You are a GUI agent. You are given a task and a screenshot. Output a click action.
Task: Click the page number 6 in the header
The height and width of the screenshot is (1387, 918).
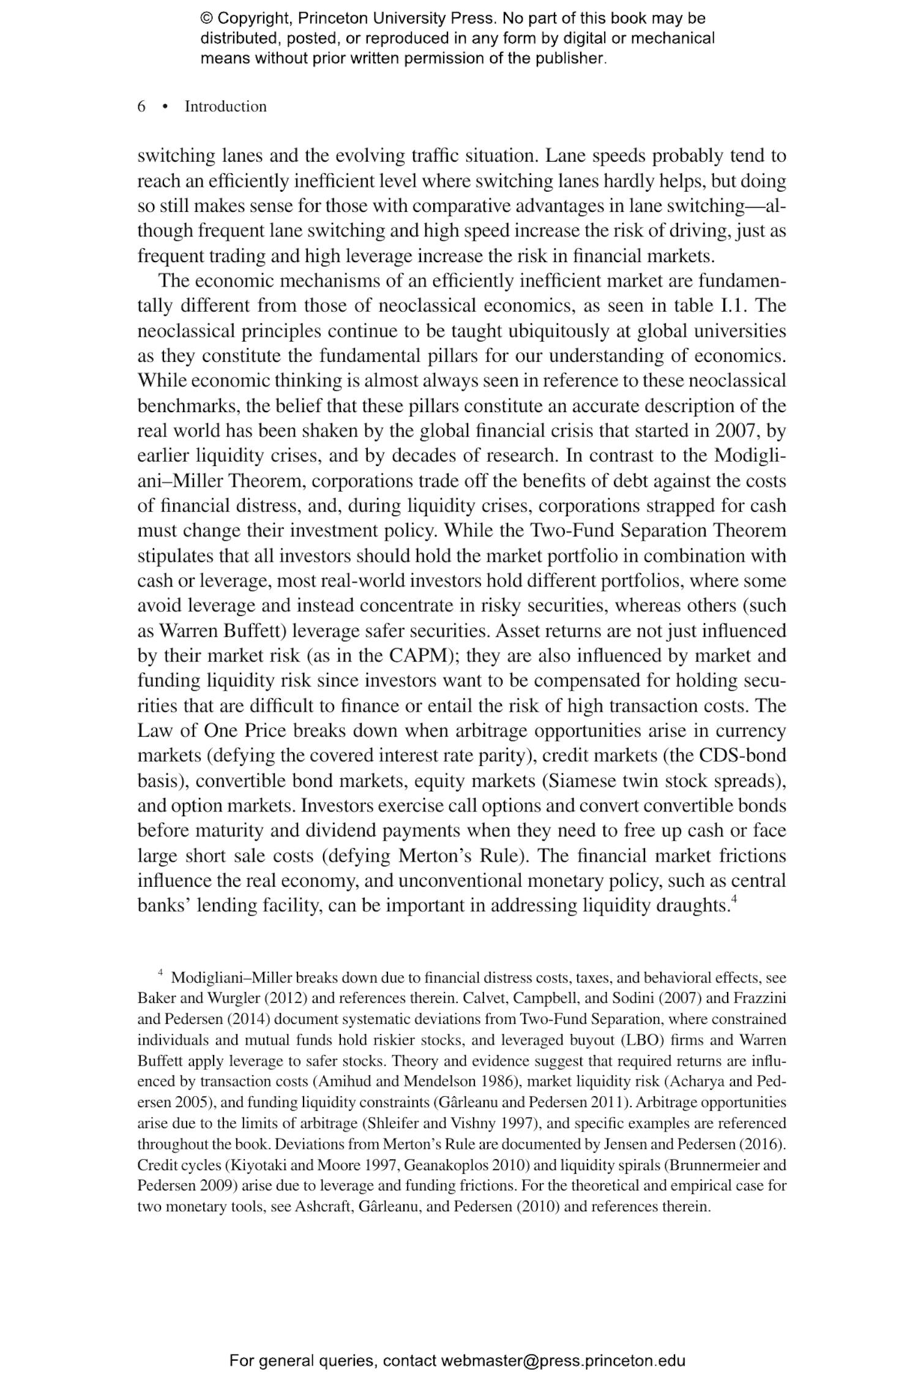[x=141, y=107]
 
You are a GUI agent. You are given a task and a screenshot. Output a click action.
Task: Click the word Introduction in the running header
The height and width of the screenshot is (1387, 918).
[x=225, y=107]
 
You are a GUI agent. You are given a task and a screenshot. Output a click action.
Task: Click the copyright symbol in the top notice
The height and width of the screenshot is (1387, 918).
[x=206, y=18]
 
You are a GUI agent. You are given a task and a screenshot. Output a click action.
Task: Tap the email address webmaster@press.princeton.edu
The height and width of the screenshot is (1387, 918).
[x=562, y=1361]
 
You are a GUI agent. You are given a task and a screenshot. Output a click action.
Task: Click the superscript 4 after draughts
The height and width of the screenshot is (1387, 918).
[x=734, y=900]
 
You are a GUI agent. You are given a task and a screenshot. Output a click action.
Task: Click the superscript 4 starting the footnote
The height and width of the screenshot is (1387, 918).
[x=160, y=972]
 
